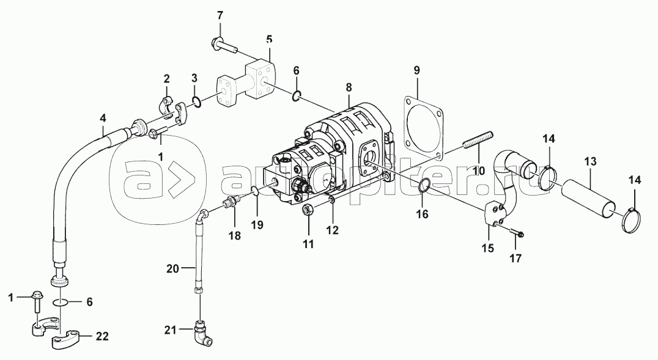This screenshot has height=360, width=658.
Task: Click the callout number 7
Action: coord(220,15)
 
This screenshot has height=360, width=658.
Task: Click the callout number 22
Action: coord(102,336)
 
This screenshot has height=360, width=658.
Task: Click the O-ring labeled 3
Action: coord(196,101)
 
